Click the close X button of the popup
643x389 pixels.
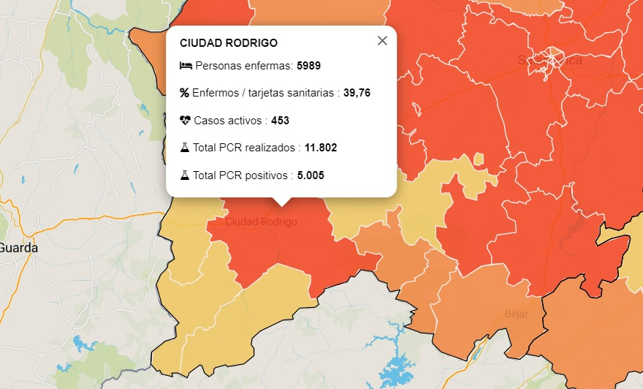click(382, 41)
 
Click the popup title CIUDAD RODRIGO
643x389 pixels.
click(229, 43)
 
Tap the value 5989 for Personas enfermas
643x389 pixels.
click(308, 66)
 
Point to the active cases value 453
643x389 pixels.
click(281, 120)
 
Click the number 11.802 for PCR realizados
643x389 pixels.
click(321, 148)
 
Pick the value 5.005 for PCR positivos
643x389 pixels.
click(311, 175)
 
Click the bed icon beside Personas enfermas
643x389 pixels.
click(186, 66)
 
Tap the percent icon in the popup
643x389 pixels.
click(184, 93)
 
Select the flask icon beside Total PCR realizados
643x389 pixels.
click(184, 148)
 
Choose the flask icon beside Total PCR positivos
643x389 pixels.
click(184, 175)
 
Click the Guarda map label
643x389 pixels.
click(18, 248)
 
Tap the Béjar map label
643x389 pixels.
click(516, 314)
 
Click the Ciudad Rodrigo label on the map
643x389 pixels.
click(261, 222)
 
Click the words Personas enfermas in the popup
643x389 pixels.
click(244, 66)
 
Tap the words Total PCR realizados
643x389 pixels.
click(245, 148)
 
